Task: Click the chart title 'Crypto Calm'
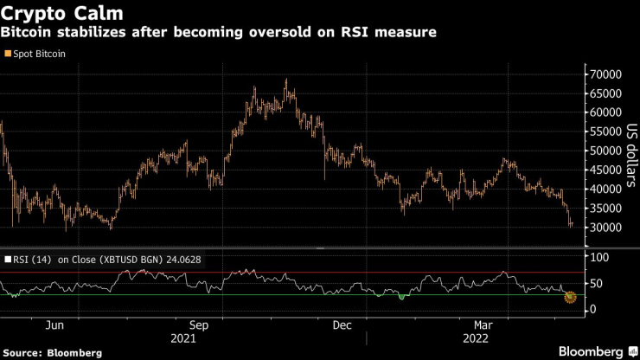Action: tap(61, 14)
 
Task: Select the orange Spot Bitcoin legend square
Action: tap(7, 54)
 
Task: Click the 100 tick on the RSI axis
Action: tap(599, 258)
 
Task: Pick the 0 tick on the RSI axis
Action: tap(592, 309)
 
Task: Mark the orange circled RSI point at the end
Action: tap(570, 298)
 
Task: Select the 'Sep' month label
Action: tap(198, 325)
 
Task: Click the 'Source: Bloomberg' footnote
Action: tap(52, 352)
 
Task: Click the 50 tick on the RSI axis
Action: tap(596, 283)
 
